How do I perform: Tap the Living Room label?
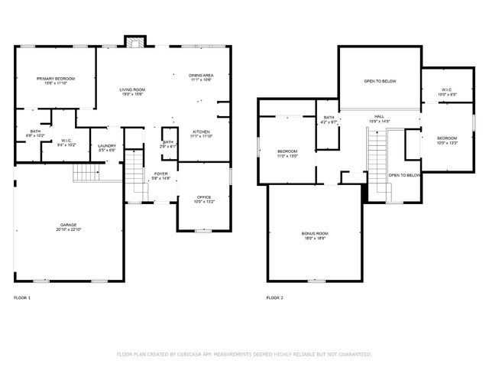(x=131, y=90)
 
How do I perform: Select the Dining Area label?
(x=201, y=75)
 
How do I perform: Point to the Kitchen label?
(x=201, y=132)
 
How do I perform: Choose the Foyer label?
(x=161, y=174)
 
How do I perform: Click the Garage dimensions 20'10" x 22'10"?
(x=69, y=230)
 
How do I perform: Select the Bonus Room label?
(x=313, y=233)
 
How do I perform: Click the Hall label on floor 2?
(x=379, y=117)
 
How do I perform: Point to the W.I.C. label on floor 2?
(x=446, y=90)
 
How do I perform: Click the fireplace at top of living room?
(x=134, y=42)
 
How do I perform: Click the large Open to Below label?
(x=380, y=80)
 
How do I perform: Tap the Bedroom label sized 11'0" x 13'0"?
(x=287, y=151)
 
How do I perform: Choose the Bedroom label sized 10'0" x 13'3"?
(x=446, y=138)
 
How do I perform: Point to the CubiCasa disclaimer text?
(x=244, y=354)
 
